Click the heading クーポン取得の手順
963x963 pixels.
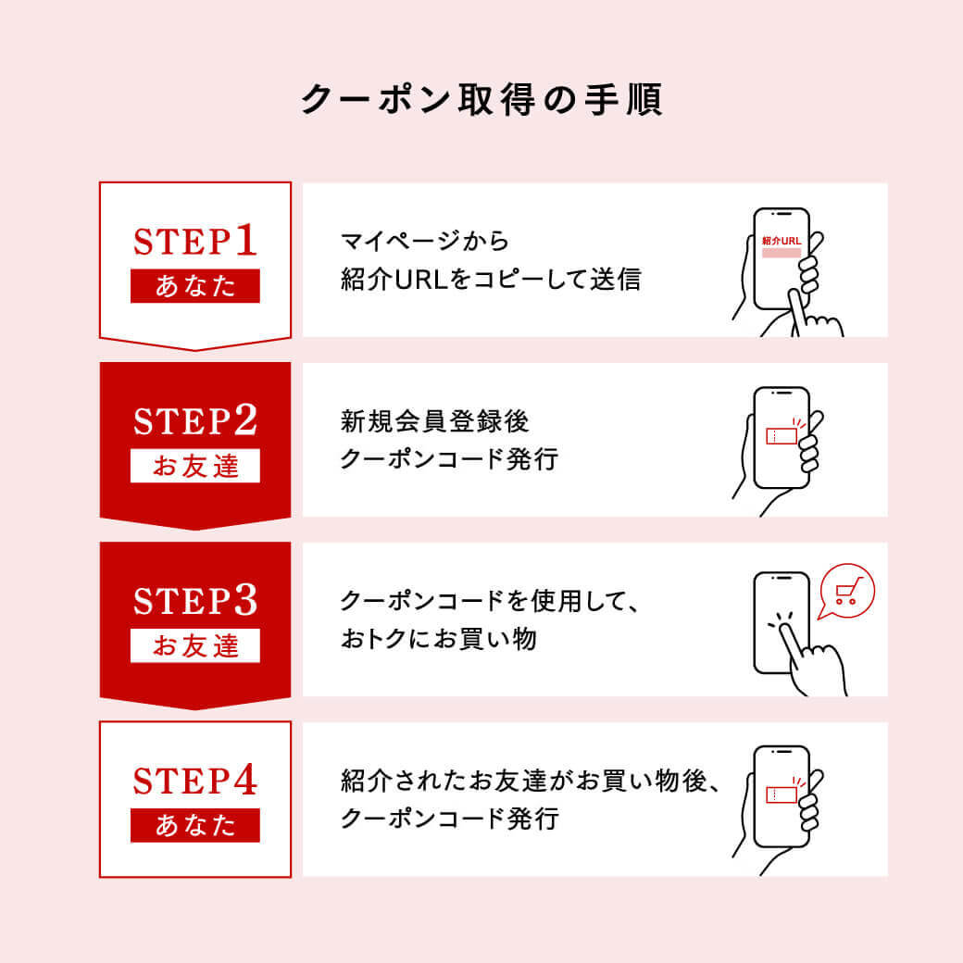point(481,99)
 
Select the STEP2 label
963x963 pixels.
point(195,420)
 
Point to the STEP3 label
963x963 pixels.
point(195,600)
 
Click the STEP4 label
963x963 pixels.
point(195,780)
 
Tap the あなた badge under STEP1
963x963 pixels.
point(195,286)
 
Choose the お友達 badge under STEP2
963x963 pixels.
point(195,466)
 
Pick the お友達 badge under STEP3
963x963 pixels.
point(195,646)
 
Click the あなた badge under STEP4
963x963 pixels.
point(195,826)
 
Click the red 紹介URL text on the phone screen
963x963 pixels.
point(782,241)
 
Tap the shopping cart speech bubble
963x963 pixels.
point(846,591)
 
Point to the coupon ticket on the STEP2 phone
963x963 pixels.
point(782,435)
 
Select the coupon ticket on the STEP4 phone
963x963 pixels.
point(782,794)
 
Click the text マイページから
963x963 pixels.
point(425,242)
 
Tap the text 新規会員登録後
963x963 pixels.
point(435,421)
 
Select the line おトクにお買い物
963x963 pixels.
point(439,639)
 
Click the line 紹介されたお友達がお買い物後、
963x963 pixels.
point(530,781)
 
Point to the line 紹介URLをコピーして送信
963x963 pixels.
point(491,280)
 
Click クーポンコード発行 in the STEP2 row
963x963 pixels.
point(450,458)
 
